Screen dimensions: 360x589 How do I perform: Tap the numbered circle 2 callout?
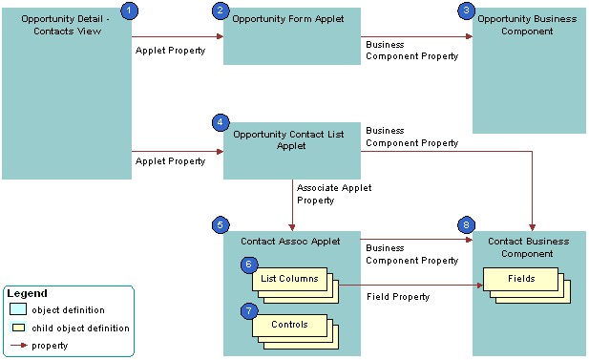221,11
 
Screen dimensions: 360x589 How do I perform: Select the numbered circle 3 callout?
466,10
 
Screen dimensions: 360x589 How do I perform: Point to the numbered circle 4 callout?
221,122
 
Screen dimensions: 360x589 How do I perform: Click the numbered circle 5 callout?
221,225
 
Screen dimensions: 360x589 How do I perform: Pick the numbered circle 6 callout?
247,264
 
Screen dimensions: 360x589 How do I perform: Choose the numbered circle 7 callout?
247,311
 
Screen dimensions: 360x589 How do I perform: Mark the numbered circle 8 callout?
466,225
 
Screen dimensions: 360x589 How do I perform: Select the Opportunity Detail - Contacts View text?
65,24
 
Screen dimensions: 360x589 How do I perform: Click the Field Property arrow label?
398,297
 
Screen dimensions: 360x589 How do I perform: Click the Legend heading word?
27,293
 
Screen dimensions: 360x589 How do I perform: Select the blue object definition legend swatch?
18,310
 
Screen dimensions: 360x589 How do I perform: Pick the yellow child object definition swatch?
18,328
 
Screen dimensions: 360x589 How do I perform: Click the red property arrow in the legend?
17,346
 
